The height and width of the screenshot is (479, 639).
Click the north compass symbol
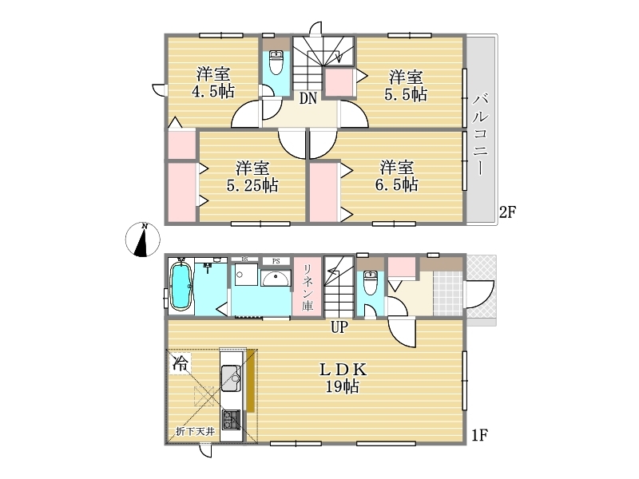(x=142, y=240)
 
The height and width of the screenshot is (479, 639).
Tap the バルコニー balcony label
(x=481, y=134)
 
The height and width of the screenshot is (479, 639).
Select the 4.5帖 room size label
(x=213, y=91)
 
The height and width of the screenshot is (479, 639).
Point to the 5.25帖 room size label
(x=252, y=186)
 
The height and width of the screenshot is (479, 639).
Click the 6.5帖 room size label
(x=396, y=185)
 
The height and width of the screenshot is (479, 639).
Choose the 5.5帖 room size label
(x=406, y=94)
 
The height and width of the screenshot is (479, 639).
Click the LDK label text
(x=343, y=370)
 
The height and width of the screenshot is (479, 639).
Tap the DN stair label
(x=308, y=98)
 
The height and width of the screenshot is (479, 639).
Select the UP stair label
(x=339, y=327)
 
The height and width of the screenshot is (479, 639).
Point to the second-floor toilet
(x=276, y=62)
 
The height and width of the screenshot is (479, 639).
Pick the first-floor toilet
(x=370, y=283)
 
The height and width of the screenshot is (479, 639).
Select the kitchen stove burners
(x=231, y=420)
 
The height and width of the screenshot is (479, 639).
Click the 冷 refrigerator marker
(x=181, y=363)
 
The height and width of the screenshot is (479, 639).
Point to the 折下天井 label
(x=196, y=431)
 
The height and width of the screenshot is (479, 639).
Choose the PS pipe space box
(x=276, y=261)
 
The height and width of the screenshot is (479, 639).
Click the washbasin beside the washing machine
(x=276, y=278)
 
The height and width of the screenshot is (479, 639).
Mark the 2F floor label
(x=508, y=212)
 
